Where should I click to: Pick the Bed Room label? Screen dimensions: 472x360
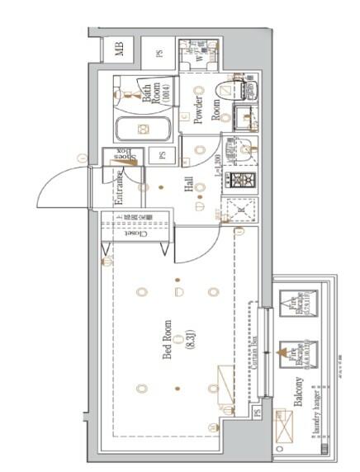(x=168, y=342)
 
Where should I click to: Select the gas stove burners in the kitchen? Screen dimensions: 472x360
(x=243, y=179)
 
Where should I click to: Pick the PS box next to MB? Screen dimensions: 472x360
(x=159, y=53)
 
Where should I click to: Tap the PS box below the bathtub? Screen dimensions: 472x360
(x=163, y=155)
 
